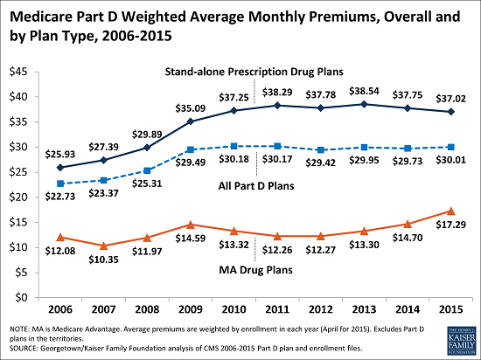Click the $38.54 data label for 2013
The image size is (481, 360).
pyautogui.click(x=364, y=91)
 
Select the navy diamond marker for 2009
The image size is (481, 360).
pyautogui.click(x=190, y=121)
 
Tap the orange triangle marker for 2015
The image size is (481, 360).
pyautogui.click(x=451, y=211)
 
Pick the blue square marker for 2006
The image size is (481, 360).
pyautogui.click(x=60, y=183)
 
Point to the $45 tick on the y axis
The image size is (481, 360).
pyautogui.click(x=18, y=72)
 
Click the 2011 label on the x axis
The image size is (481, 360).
pyautogui.click(x=277, y=309)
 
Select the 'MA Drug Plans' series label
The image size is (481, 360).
pyautogui.click(x=256, y=270)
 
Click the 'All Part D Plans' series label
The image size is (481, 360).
pyautogui.click(x=256, y=185)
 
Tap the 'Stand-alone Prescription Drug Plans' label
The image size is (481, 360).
pyautogui.click(x=254, y=72)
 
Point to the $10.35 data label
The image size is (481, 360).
pyautogui.click(x=103, y=260)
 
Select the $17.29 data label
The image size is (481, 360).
pyautogui.click(x=451, y=225)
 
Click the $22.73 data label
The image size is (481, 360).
pyautogui.click(x=60, y=197)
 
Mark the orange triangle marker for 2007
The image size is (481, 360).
pyautogui.click(x=104, y=246)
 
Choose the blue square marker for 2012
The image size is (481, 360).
pyautogui.click(x=321, y=149)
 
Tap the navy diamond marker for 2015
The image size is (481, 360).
pyautogui.click(x=451, y=112)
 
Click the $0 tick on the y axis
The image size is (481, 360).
pyautogui.click(x=21, y=297)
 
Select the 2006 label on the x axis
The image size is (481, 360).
pyautogui.click(x=60, y=309)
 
